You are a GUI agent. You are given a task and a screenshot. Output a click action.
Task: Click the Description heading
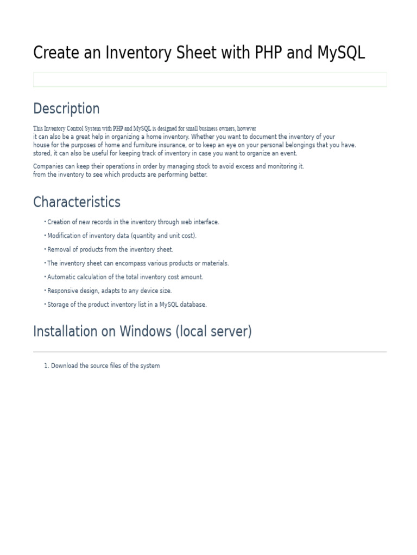(x=66, y=108)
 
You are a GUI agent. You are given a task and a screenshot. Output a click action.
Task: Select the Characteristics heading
(x=77, y=202)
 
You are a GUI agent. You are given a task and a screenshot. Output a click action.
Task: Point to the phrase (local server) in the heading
(x=213, y=331)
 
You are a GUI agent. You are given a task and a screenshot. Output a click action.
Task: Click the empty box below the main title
(x=210, y=80)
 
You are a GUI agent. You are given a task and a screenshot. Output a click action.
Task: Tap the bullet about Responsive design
(x=109, y=291)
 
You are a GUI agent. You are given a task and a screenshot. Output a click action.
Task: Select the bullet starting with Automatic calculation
(x=125, y=277)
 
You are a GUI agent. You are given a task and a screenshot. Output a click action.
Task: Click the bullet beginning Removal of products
(x=110, y=249)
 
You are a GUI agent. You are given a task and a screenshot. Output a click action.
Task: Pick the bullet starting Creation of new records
(x=133, y=222)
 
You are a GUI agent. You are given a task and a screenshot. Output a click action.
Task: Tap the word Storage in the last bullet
(x=58, y=305)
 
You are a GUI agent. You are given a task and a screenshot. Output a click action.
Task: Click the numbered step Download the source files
(x=105, y=366)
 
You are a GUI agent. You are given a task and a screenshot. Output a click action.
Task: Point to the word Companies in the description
(x=48, y=166)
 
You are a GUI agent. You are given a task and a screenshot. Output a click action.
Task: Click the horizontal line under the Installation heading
(x=210, y=352)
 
